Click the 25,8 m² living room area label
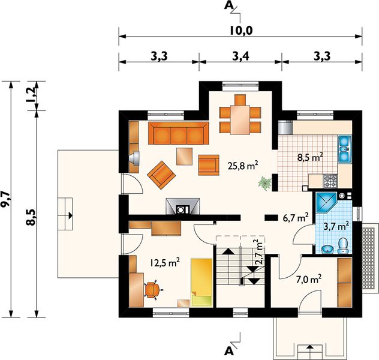pyautogui.click(x=243, y=166)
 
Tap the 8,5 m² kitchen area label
pyautogui.click(x=310, y=157)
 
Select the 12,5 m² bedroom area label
pyautogui.click(x=165, y=262)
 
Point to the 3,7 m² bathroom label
pyautogui.click(x=336, y=226)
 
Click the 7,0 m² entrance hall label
pyautogui.click(x=309, y=280)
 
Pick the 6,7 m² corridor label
pyautogui.click(x=296, y=218)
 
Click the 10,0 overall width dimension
pyautogui.click(x=241, y=31)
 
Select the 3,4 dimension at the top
pyautogui.click(x=240, y=56)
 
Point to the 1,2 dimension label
pyautogui.click(x=31, y=95)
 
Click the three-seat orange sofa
pyautogui.click(x=179, y=133)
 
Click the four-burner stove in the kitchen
pyautogui.click(x=330, y=181)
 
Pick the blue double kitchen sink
pyautogui.click(x=344, y=149)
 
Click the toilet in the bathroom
pyautogui.click(x=343, y=245)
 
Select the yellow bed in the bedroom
pyautogui.click(x=202, y=283)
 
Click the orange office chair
pyautogui.click(x=152, y=289)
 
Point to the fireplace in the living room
pyautogui.click(x=183, y=206)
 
